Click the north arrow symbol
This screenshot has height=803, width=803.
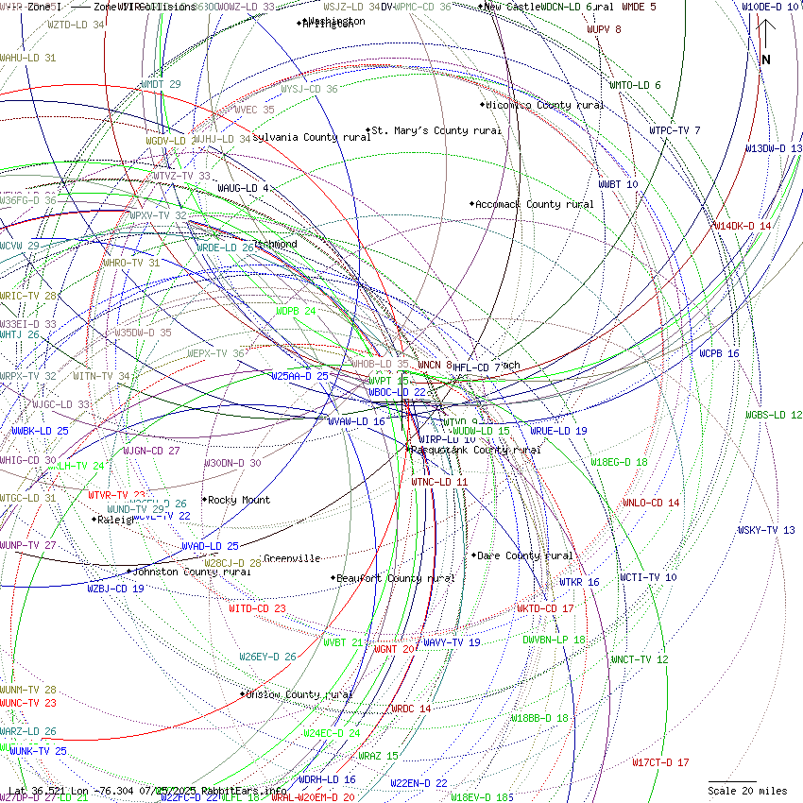tap(766, 43)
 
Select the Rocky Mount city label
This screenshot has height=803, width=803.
tap(238, 500)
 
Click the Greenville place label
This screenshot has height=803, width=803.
tap(292, 558)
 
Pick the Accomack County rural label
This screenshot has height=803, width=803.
tap(534, 204)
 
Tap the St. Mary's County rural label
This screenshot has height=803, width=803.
tap(436, 130)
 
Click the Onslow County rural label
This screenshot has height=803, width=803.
tap(299, 694)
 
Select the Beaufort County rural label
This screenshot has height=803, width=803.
tap(396, 578)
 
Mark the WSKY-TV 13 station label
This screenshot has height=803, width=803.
tap(766, 530)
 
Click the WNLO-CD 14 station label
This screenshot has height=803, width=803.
tap(651, 503)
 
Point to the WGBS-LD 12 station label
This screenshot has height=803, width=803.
tap(774, 415)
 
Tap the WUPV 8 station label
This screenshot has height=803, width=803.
tap(604, 29)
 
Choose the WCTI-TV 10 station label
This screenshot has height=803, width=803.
tap(648, 577)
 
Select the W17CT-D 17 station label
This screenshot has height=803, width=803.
tap(660, 762)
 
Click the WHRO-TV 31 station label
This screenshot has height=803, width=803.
tap(131, 263)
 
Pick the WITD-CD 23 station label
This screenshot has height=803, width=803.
tap(257, 608)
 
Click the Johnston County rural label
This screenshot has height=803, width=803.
tap(191, 572)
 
